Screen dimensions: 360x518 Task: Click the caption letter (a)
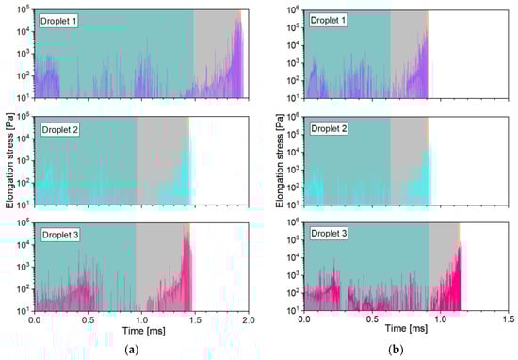(141, 352)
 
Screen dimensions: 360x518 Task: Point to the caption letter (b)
(408, 352)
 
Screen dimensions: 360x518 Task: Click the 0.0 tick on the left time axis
(35, 320)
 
